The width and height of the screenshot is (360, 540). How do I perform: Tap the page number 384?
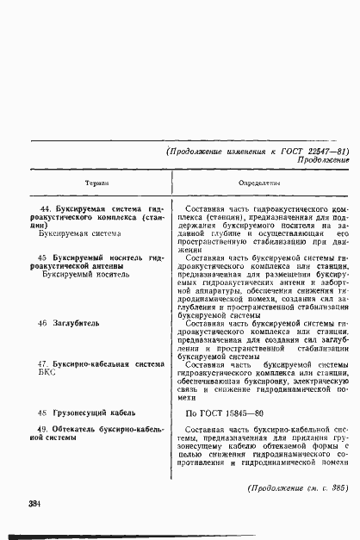click(x=35, y=503)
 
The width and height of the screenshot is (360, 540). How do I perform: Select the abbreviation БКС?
click(x=50, y=373)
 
